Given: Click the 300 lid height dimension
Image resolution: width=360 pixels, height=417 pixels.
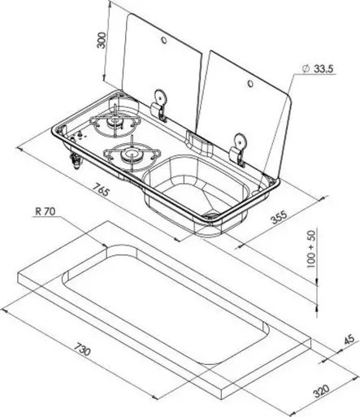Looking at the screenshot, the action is pyautogui.click(x=101, y=40).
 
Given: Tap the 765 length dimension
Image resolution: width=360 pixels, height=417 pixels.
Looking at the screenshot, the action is pyautogui.click(x=102, y=189).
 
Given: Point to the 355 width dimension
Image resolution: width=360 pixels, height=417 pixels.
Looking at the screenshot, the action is pyautogui.click(x=279, y=218).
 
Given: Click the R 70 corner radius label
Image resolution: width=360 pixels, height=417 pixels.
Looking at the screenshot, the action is pyautogui.click(x=46, y=211).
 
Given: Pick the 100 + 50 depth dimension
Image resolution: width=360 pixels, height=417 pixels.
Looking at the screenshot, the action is pyautogui.click(x=312, y=249).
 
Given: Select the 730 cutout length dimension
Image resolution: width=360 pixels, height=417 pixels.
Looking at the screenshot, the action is pyautogui.click(x=82, y=349).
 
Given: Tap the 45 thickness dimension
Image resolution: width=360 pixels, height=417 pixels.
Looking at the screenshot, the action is pyautogui.click(x=349, y=340).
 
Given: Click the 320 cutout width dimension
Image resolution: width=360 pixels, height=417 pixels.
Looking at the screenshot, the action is pyautogui.click(x=321, y=391).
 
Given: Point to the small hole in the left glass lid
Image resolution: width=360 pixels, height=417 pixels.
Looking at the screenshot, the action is pyautogui.click(x=164, y=40).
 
